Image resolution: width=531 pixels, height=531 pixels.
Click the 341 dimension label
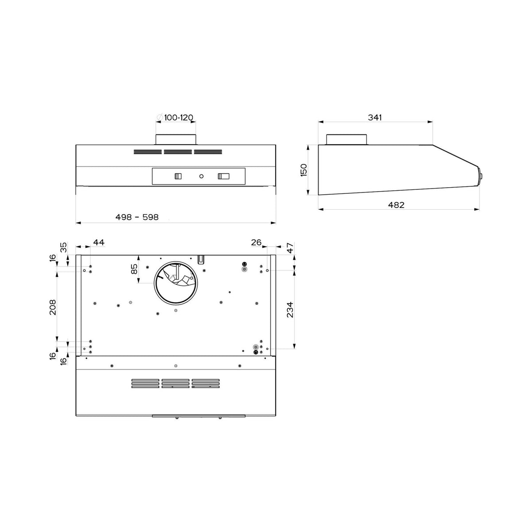pos(375,118)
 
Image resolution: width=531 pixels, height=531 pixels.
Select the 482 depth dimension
pos(396,205)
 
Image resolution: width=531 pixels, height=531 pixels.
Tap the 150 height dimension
pos(304,170)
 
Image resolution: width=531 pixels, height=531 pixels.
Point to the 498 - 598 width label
pos(137,217)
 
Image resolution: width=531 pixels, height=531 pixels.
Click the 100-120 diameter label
pos(179,118)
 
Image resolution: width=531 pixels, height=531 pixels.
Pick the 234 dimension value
pos(290,310)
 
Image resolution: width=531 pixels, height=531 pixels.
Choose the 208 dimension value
pos(52,307)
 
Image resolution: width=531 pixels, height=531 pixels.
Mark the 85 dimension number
pos(134,269)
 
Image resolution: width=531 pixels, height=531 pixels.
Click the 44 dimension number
pos(99,242)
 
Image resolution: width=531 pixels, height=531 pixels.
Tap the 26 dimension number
pos(256,242)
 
